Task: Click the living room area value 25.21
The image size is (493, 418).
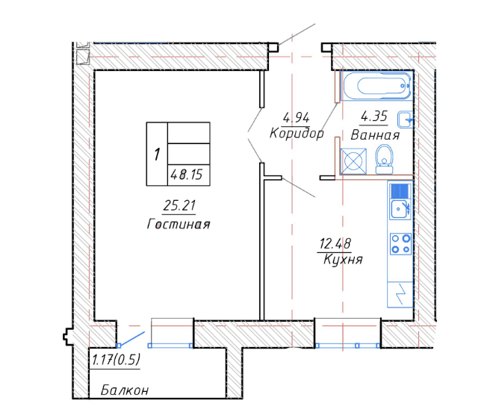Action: [x=179, y=205]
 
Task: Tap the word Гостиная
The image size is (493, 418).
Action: [x=179, y=224]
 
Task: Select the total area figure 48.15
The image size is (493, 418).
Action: [x=187, y=175]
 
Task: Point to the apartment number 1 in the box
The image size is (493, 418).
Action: [x=157, y=155]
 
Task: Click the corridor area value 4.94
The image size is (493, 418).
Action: [x=297, y=118]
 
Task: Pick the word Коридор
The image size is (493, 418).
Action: [x=297, y=134]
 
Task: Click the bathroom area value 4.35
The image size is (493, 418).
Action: [x=373, y=116]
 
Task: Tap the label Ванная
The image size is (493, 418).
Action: [x=375, y=135]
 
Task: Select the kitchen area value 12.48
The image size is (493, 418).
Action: [x=335, y=243]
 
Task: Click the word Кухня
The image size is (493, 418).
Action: [x=343, y=260]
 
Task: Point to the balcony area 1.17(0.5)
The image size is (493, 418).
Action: [x=116, y=360]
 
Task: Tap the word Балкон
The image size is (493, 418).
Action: [x=125, y=390]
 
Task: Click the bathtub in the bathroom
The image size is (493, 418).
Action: [x=376, y=86]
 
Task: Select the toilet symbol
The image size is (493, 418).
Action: [x=384, y=159]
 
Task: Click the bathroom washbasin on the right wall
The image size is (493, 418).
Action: [x=406, y=119]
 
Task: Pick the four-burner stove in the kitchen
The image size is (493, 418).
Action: [x=400, y=244]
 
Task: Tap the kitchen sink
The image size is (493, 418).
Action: [x=400, y=209]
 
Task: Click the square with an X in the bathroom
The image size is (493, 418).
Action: [x=353, y=161]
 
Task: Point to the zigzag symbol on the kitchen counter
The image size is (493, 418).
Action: [x=400, y=294]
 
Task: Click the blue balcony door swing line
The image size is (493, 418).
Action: [x=131, y=338]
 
